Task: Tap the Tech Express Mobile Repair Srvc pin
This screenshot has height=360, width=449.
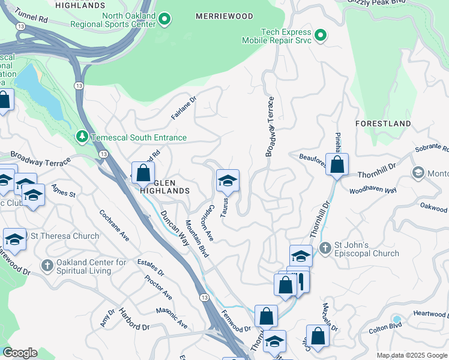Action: point(320,35)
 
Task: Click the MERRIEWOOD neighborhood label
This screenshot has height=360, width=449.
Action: point(224,16)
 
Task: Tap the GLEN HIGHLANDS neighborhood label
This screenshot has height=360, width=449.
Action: point(164,186)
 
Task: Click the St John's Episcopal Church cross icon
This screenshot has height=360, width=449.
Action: point(325,248)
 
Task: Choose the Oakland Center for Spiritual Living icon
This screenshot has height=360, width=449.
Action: point(47,265)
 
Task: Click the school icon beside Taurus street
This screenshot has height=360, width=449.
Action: point(228,181)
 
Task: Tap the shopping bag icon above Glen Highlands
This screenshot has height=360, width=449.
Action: point(143,173)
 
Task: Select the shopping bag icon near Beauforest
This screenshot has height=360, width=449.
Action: point(337,164)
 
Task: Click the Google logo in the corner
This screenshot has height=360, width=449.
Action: point(20,353)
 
